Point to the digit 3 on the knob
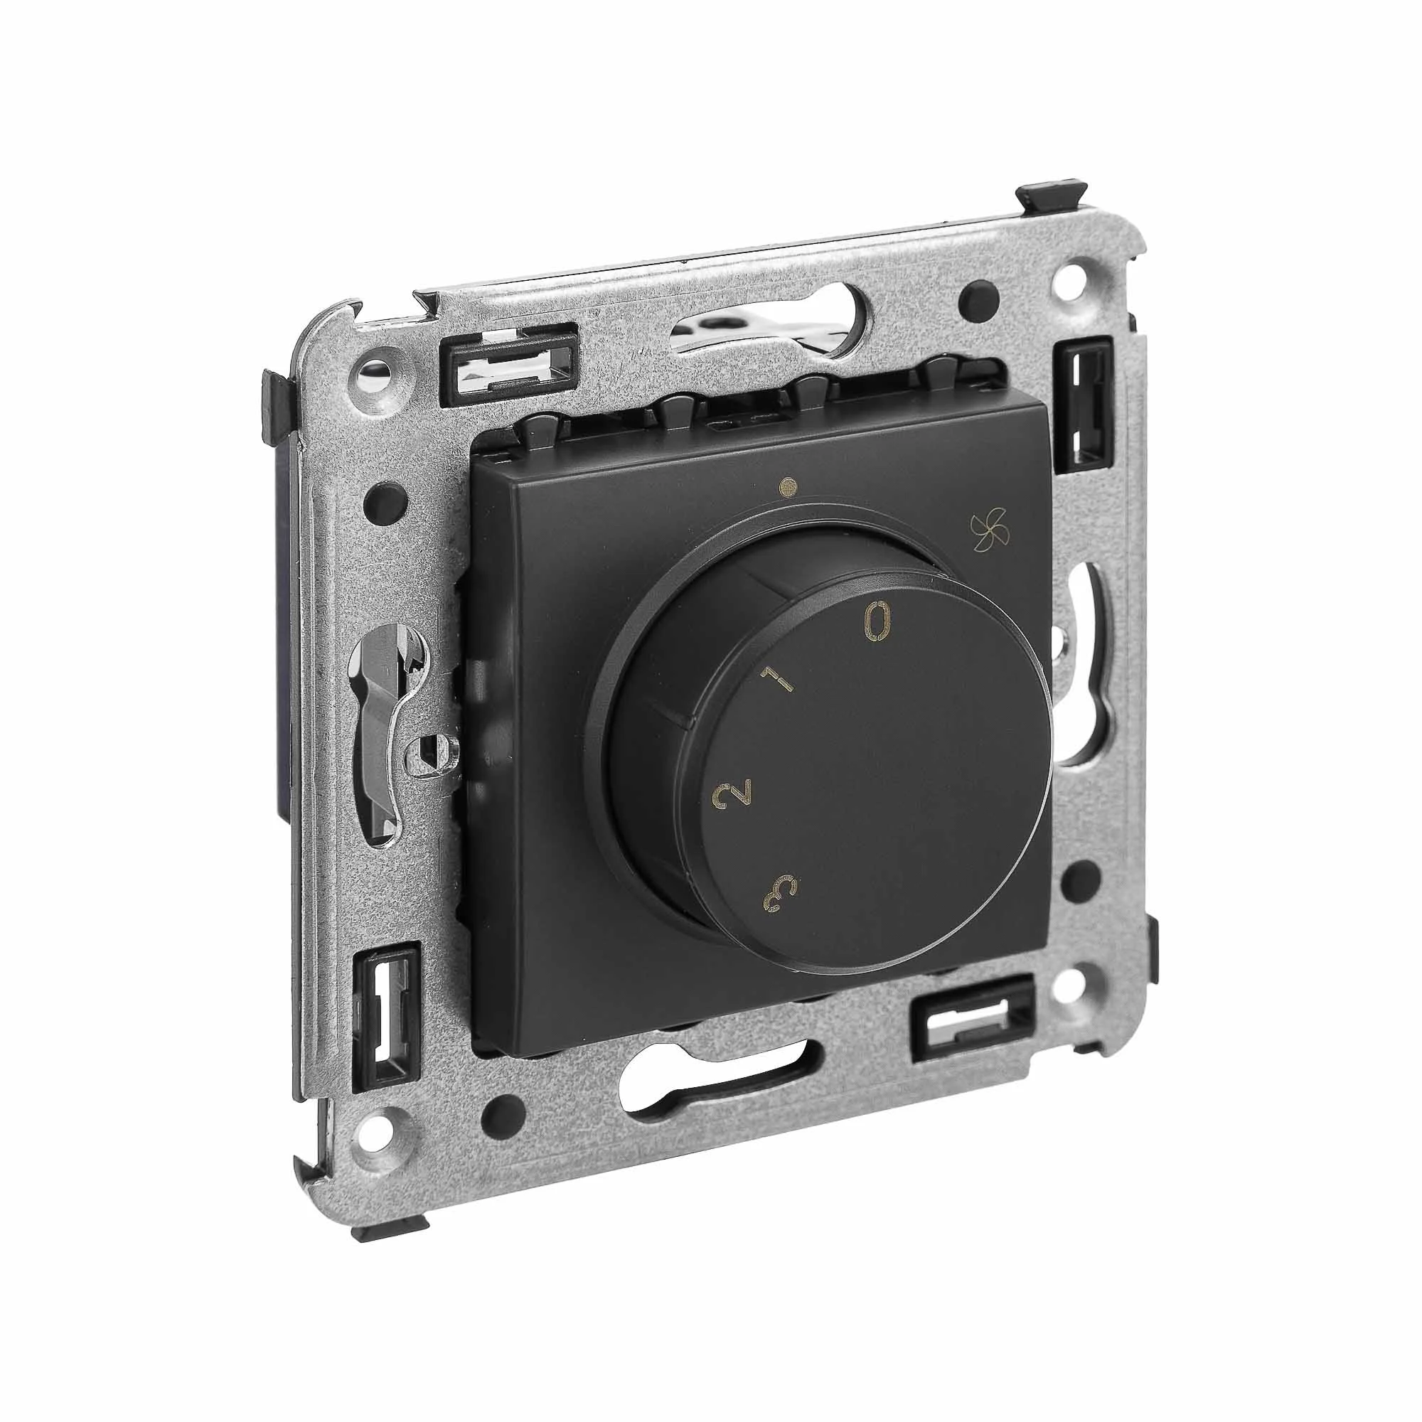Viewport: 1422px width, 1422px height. [x=781, y=896]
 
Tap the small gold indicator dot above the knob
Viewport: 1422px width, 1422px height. [x=790, y=486]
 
